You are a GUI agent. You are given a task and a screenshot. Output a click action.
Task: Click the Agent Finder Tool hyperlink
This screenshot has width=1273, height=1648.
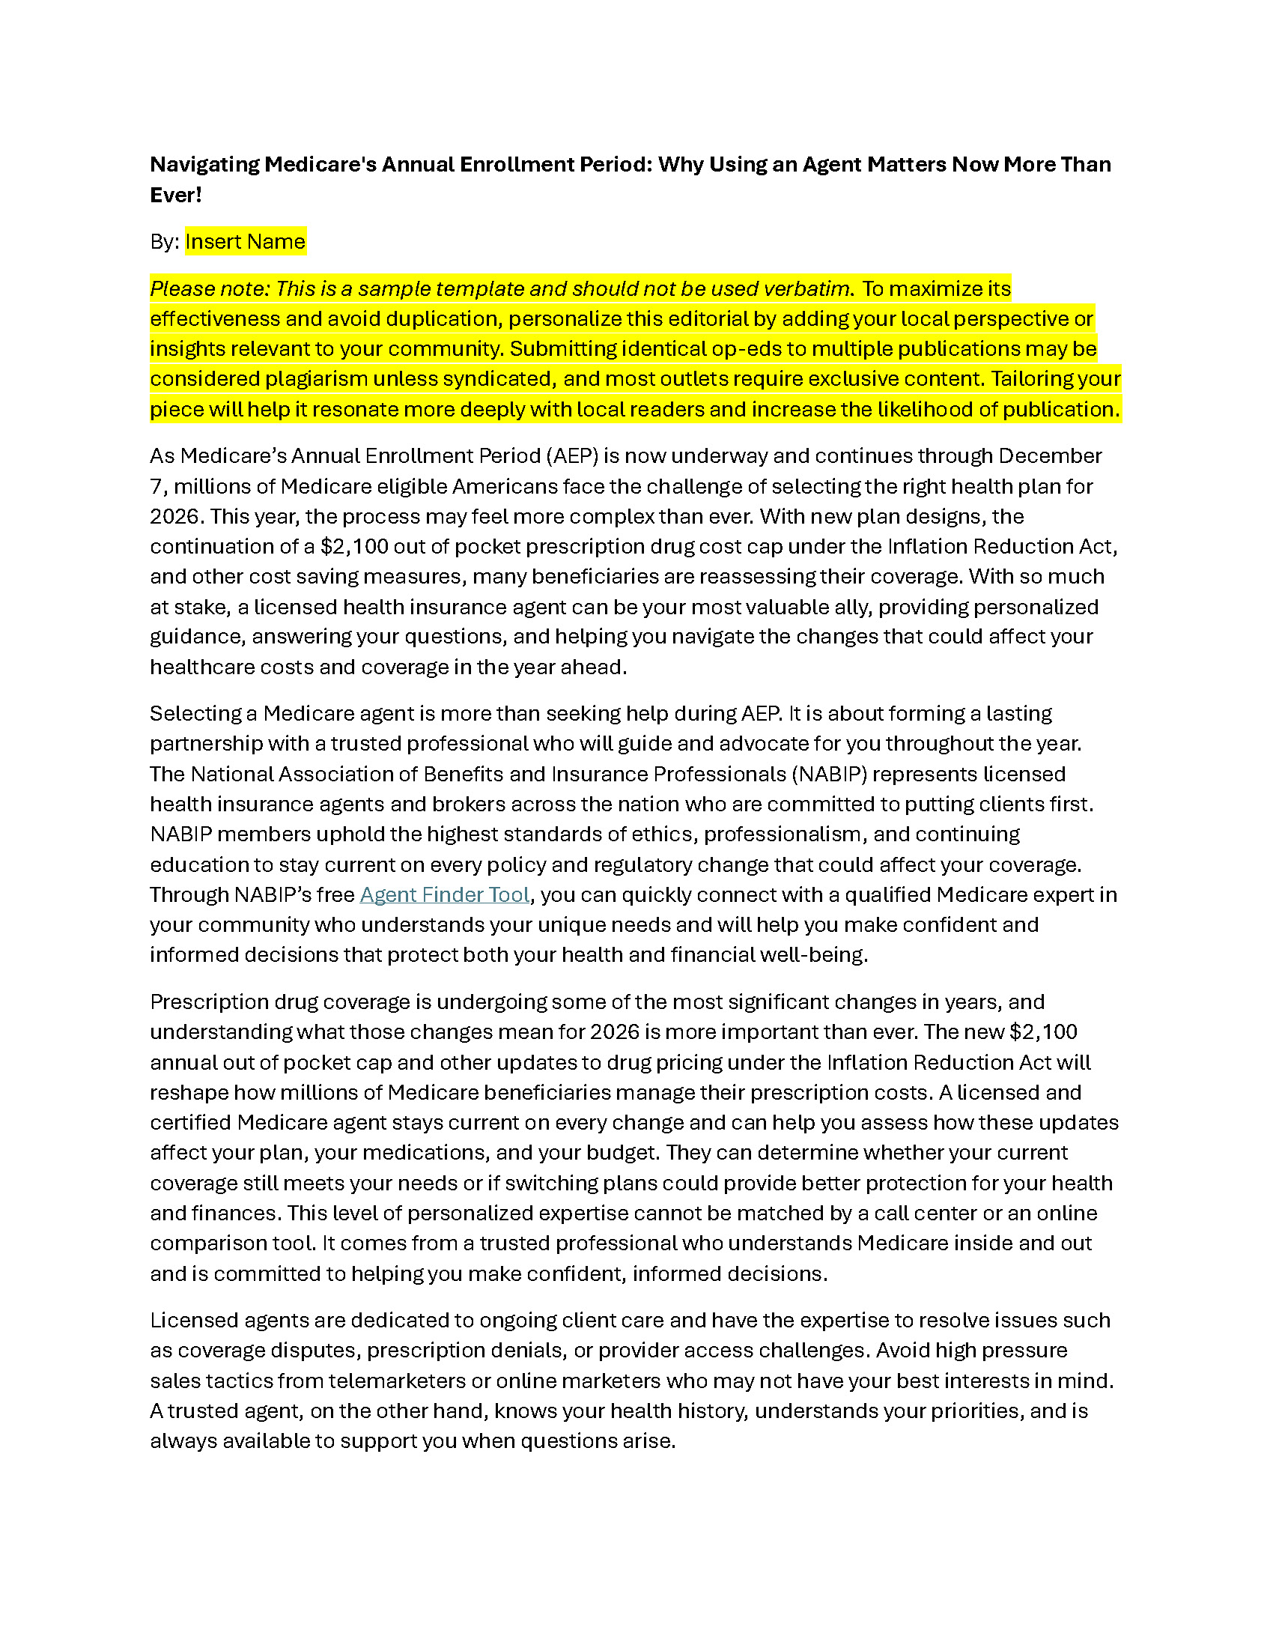pos(444,895)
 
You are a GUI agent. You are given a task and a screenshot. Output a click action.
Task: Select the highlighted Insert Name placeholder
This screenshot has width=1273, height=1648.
pos(245,241)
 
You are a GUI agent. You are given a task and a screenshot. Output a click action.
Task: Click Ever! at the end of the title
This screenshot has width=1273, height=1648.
pos(176,195)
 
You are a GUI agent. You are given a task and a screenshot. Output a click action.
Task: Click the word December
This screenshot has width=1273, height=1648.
pos(1050,455)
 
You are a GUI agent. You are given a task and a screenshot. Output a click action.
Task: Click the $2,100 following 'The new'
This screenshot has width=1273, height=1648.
pos(1043,1031)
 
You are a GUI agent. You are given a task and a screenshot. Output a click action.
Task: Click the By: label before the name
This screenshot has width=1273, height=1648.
pos(164,241)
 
